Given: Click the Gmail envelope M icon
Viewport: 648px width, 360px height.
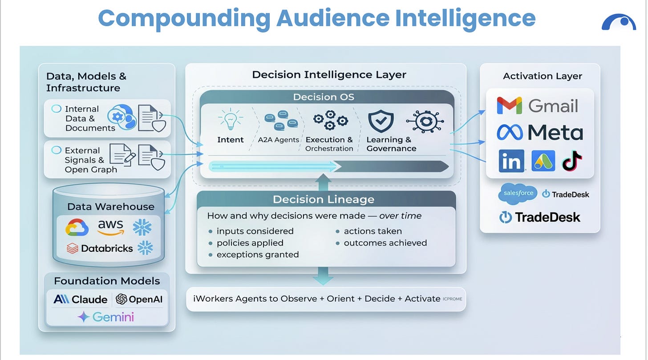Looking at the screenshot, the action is tap(510, 105).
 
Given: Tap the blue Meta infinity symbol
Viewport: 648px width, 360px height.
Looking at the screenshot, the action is tap(510, 133).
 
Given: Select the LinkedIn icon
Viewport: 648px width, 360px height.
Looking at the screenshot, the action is tap(511, 161).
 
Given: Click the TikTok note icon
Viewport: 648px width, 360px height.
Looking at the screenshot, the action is tap(572, 161).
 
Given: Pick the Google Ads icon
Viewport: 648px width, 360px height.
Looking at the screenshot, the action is tap(543, 161).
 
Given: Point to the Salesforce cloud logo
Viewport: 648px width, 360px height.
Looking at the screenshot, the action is tap(518, 194).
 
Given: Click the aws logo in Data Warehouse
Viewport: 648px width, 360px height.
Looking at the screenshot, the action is tap(111, 227).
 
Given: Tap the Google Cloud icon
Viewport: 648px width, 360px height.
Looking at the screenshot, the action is tap(77, 227).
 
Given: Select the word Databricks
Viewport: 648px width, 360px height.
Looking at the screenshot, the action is tap(107, 248).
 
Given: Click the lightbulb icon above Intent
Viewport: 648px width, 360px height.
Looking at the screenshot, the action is tap(231, 119).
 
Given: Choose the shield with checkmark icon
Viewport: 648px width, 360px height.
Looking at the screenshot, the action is tap(381, 121).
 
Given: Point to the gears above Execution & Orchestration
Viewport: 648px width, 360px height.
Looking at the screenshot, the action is tap(330, 120).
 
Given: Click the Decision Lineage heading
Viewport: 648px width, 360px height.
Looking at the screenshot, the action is tap(324, 199).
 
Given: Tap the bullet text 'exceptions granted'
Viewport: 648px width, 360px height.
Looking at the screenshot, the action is tap(257, 255).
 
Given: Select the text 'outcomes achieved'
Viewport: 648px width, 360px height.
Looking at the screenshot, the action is tap(385, 243).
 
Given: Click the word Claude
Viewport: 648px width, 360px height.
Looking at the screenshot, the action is tap(89, 299).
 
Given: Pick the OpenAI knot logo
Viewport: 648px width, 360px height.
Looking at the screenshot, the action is tap(121, 299).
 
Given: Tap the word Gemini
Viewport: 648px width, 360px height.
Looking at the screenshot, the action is tap(113, 317).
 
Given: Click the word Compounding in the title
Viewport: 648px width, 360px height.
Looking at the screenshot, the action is tap(184, 19).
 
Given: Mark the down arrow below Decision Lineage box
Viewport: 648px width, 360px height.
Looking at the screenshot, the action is tap(323, 276).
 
